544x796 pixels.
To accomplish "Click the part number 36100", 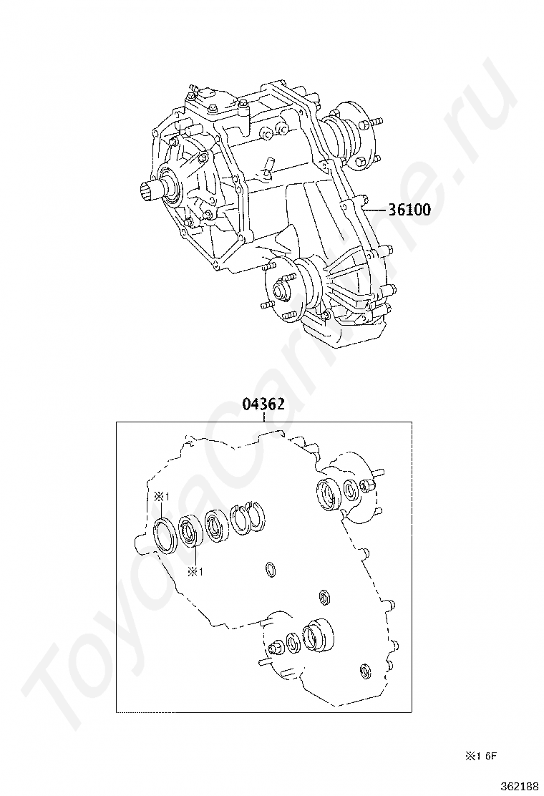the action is click(x=409, y=210).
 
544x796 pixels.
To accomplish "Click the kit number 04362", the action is click(x=263, y=404).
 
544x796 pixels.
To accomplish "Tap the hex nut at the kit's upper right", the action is click(x=369, y=486).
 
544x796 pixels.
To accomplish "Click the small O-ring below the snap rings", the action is click(x=271, y=570).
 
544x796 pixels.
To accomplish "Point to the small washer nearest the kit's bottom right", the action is click(x=364, y=671).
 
